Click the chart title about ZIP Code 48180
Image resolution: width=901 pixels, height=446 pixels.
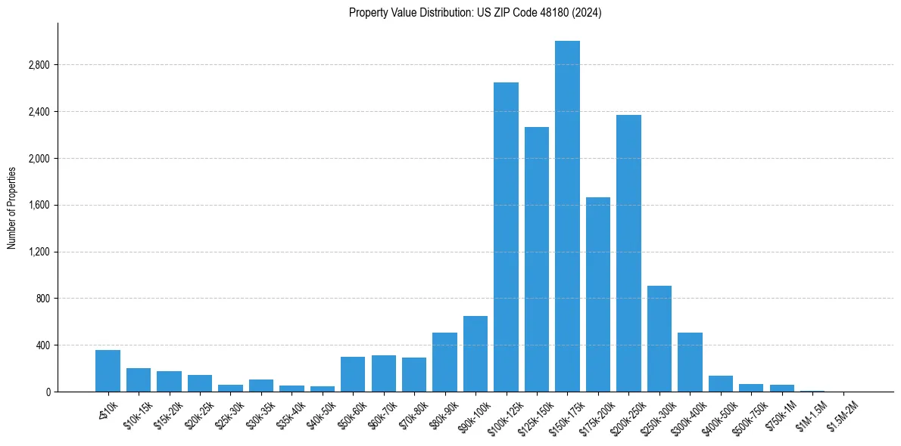(x=475, y=13)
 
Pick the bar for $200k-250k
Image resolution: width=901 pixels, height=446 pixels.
(x=628, y=253)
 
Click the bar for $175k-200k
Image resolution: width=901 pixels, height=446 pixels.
(x=598, y=295)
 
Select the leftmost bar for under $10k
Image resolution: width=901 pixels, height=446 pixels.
(x=108, y=370)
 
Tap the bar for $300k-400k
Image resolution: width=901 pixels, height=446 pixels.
(x=690, y=362)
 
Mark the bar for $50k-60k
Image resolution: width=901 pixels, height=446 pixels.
(x=353, y=374)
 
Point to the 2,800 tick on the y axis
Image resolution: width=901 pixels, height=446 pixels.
(x=38, y=65)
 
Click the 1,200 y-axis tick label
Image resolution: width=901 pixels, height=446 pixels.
(x=38, y=252)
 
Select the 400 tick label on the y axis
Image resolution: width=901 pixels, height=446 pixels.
(x=42, y=345)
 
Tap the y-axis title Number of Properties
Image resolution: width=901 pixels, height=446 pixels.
(x=12, y=207)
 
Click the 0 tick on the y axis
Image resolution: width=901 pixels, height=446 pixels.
(x=48, y=392)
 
